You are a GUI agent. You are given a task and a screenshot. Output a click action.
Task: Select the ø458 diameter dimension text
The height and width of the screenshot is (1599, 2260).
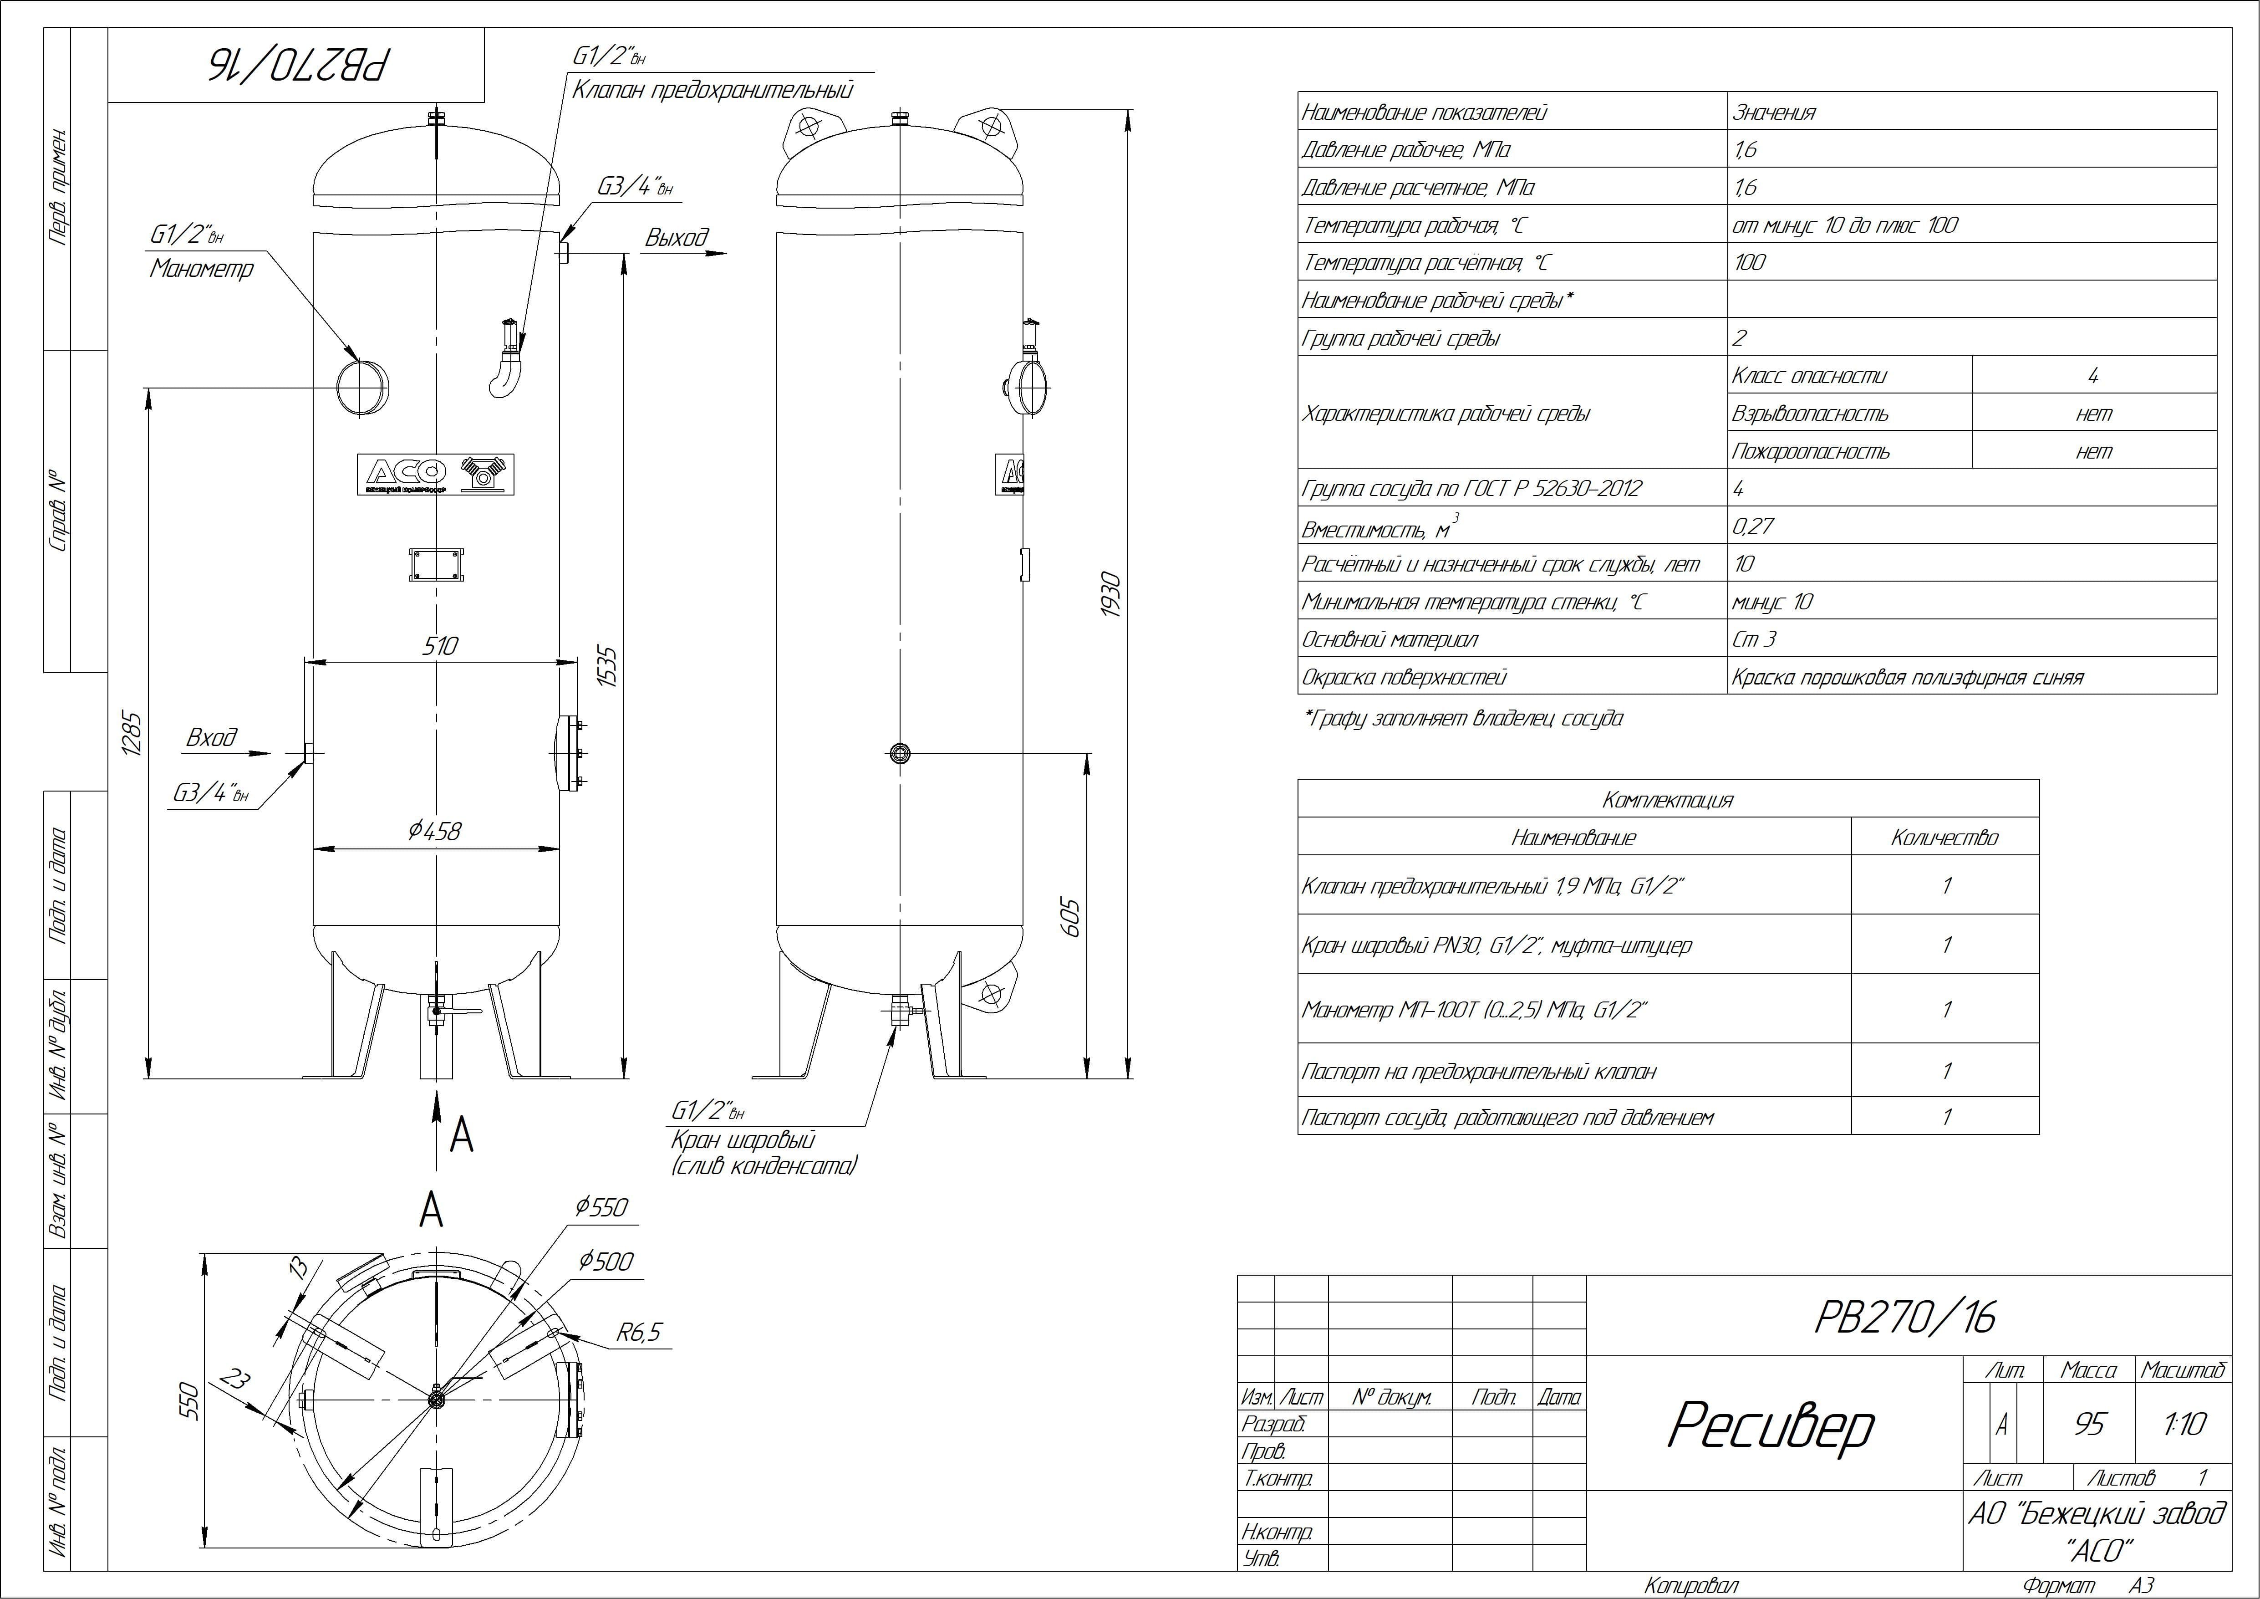[x=434, y=831]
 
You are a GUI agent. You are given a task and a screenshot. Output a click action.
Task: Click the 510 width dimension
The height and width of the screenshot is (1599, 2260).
[x=440, y=646]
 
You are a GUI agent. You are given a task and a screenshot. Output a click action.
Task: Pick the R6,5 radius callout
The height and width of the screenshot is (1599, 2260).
[x=639, y=1333]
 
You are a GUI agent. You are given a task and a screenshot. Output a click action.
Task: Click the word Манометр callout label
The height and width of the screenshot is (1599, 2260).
[x=202, y=269]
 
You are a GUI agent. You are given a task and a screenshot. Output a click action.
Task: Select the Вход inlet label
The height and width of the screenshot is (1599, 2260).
[x=212, y=737]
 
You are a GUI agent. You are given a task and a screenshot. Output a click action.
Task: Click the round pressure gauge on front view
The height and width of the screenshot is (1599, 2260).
[x=361, y=387]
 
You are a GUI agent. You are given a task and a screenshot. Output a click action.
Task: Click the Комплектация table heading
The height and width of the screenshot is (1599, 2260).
[x=1667, y=800]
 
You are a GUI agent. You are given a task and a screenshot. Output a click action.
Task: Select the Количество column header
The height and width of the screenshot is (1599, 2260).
[x=1944, y=838]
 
